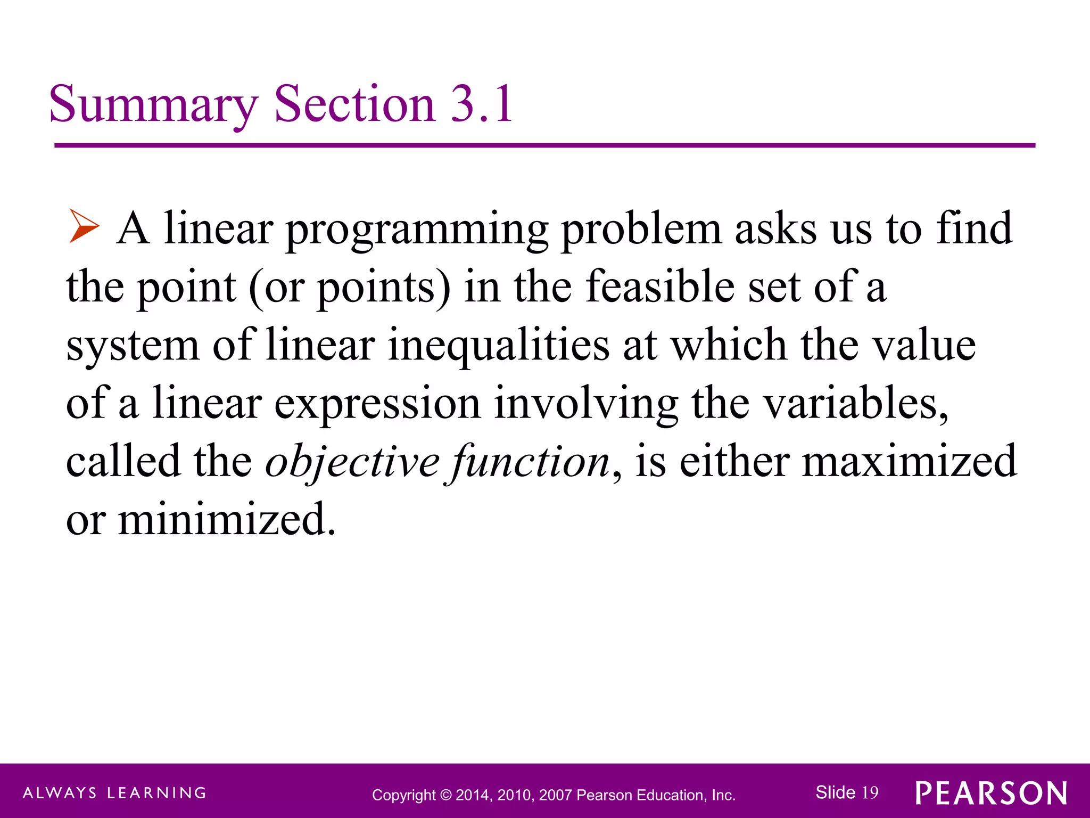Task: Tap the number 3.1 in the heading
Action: tap(482, 104)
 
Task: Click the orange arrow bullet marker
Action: tap(84, 226)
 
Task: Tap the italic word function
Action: tap(530, 461)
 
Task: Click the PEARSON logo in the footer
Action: tap(992, 794)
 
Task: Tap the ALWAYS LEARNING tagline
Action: tap(114, 793)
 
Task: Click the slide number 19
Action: tap(870, 792)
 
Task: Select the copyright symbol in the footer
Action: tap(445, 795)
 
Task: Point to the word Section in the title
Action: tap(354, 104)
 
